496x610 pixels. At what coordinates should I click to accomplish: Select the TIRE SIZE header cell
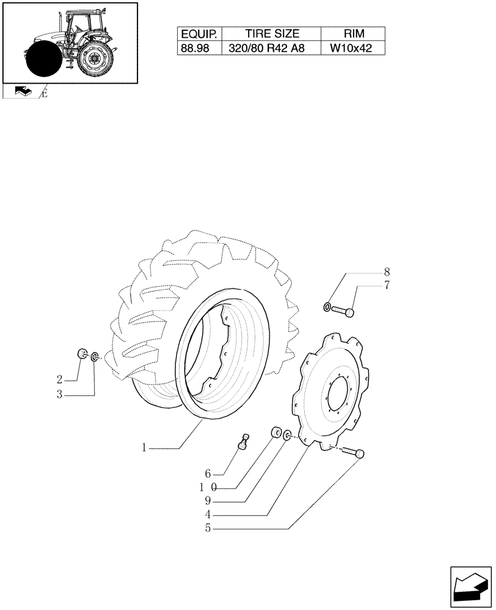(272, 35)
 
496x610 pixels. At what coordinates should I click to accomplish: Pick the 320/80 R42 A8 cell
(272, 49)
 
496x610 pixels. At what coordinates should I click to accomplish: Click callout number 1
(144, 448)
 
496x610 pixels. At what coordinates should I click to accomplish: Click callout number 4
(208, 514)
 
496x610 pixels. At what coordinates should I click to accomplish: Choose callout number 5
(208, 528)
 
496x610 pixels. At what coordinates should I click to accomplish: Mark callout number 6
(208, 473)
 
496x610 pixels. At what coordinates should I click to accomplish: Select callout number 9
(208, 501)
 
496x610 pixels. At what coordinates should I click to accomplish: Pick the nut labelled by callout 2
(81, 354)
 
